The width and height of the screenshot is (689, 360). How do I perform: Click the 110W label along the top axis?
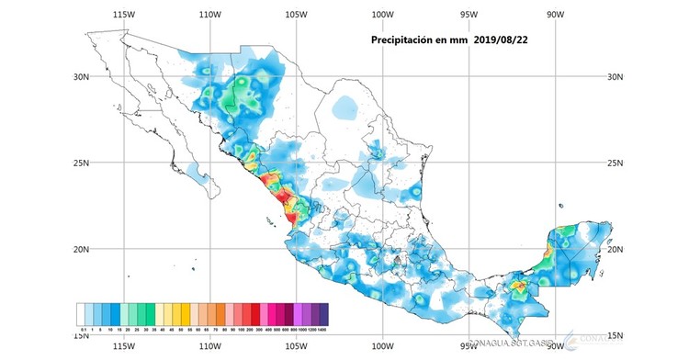210,15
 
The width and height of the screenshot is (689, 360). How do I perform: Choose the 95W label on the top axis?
469,15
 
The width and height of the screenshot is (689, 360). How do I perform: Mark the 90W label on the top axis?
554,15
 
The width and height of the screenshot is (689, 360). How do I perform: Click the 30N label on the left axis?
82,77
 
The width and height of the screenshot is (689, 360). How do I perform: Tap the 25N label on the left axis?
82,163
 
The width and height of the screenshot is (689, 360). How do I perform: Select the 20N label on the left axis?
82,249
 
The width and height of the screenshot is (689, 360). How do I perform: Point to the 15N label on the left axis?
82,335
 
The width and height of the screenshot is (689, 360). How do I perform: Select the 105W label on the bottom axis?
296,347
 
